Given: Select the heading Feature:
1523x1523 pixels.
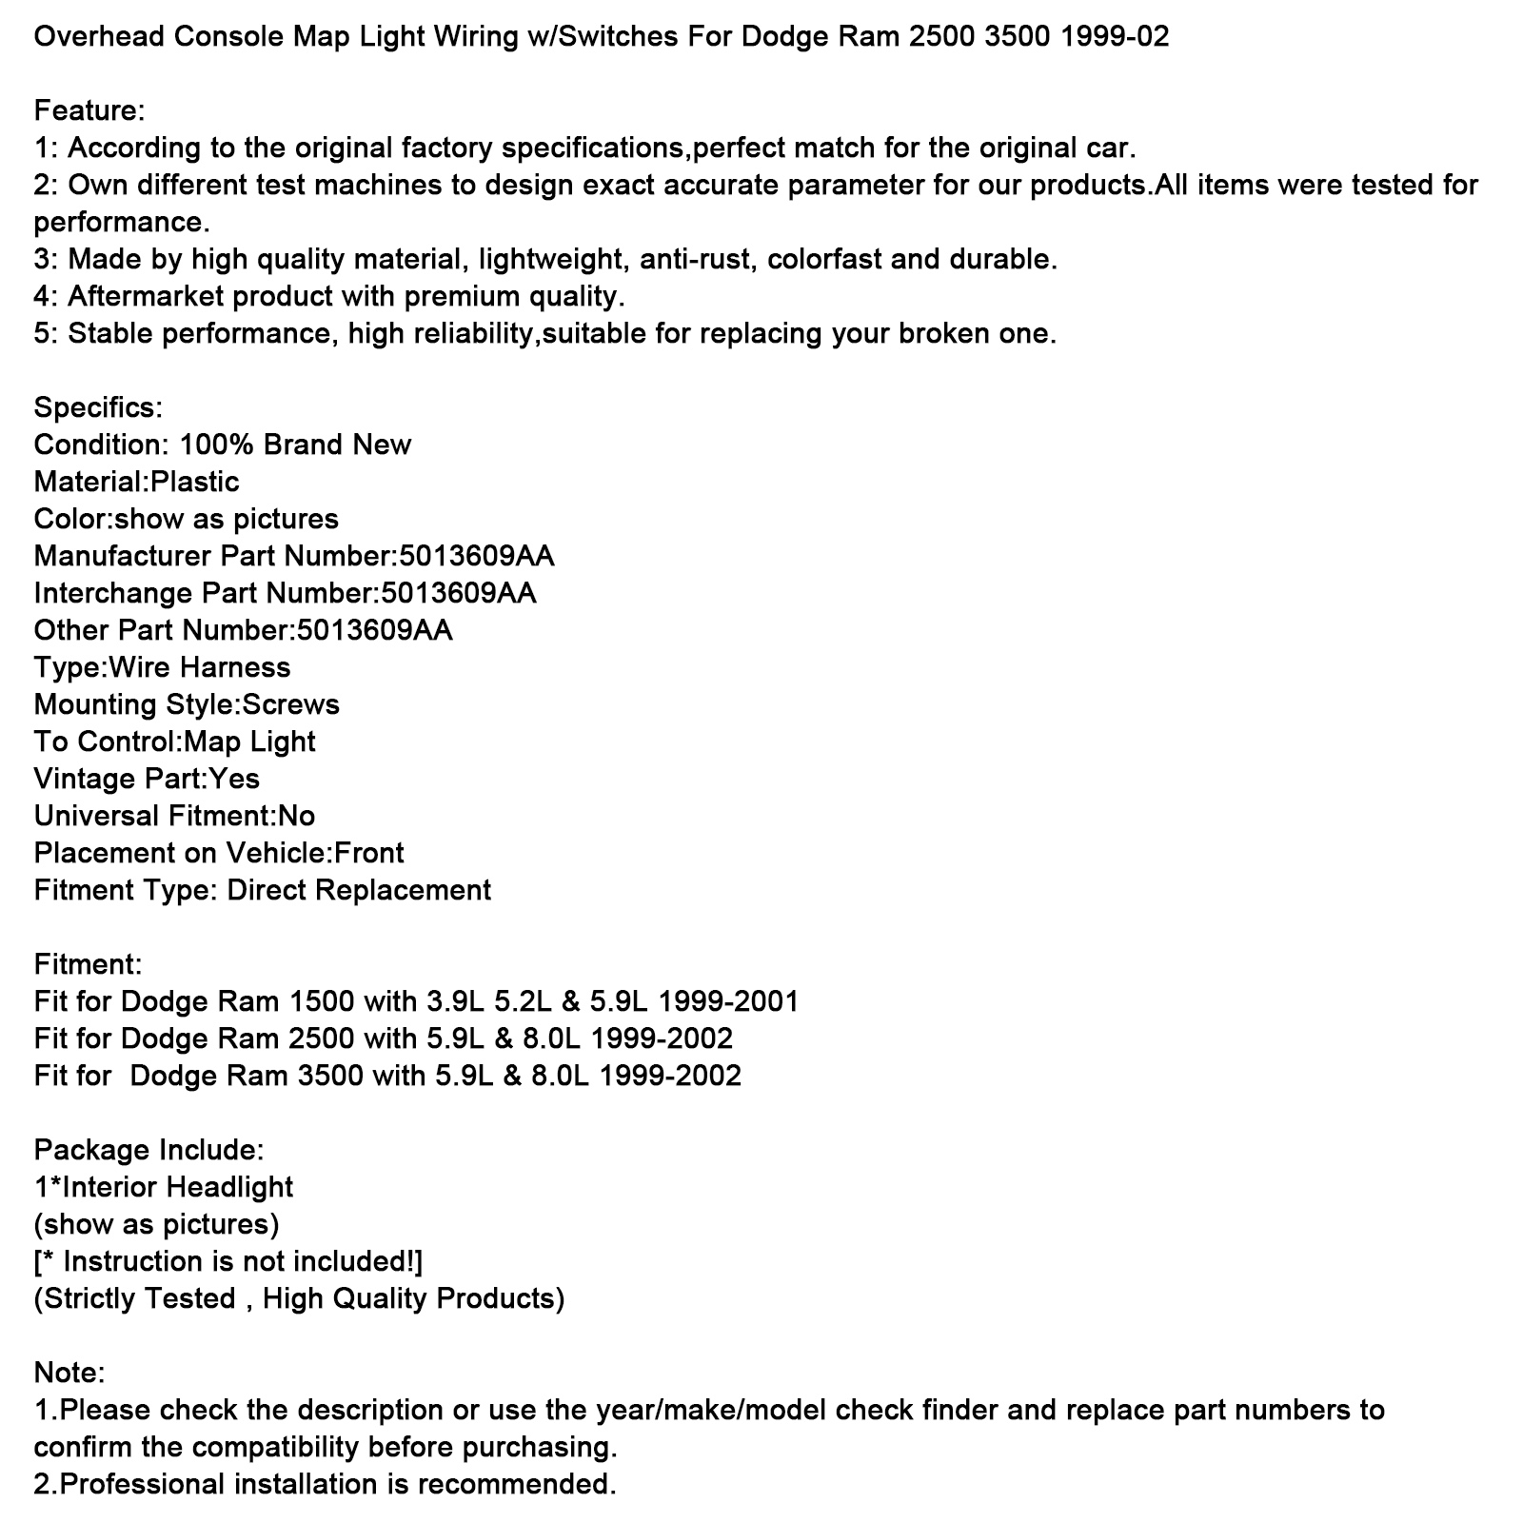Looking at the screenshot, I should click(89, 111).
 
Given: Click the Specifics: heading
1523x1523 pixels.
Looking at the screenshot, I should click(98, 408).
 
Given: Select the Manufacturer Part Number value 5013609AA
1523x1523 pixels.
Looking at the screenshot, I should click(477, 557).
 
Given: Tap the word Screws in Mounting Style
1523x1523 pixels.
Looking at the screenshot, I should click(290, 705).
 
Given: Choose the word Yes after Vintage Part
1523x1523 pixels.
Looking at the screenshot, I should click(234, 780).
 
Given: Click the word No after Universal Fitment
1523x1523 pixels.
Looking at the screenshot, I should click(296, 817).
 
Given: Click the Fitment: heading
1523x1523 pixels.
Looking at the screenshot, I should click(88, 965).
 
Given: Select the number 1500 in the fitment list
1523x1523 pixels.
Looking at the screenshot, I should click(322, 1002).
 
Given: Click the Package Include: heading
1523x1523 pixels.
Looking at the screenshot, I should click(148, 1151).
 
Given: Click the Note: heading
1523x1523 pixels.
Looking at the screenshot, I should click(69, 1374).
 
